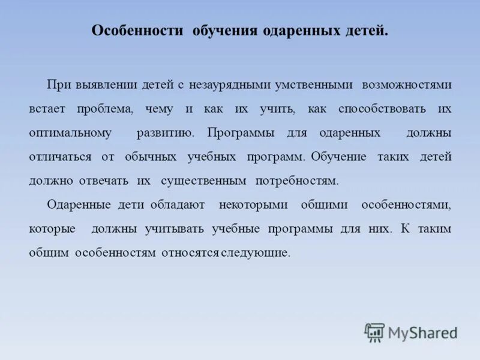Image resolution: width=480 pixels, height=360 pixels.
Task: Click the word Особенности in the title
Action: (137, 31)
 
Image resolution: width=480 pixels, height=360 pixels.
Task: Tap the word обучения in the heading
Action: (225, 31)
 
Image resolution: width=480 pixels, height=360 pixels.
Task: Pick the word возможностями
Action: (406, 85)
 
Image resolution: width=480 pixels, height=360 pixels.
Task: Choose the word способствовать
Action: (382, 109)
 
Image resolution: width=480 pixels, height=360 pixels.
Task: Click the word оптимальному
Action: (70, 133)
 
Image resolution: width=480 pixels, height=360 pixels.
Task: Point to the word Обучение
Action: (339, 157)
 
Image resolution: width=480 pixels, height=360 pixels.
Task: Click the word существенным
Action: (204, 181)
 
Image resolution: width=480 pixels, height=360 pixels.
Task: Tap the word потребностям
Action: (297, 181)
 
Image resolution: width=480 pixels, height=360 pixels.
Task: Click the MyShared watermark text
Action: (422, 332)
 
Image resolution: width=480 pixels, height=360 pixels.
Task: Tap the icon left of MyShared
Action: (374, 332)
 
